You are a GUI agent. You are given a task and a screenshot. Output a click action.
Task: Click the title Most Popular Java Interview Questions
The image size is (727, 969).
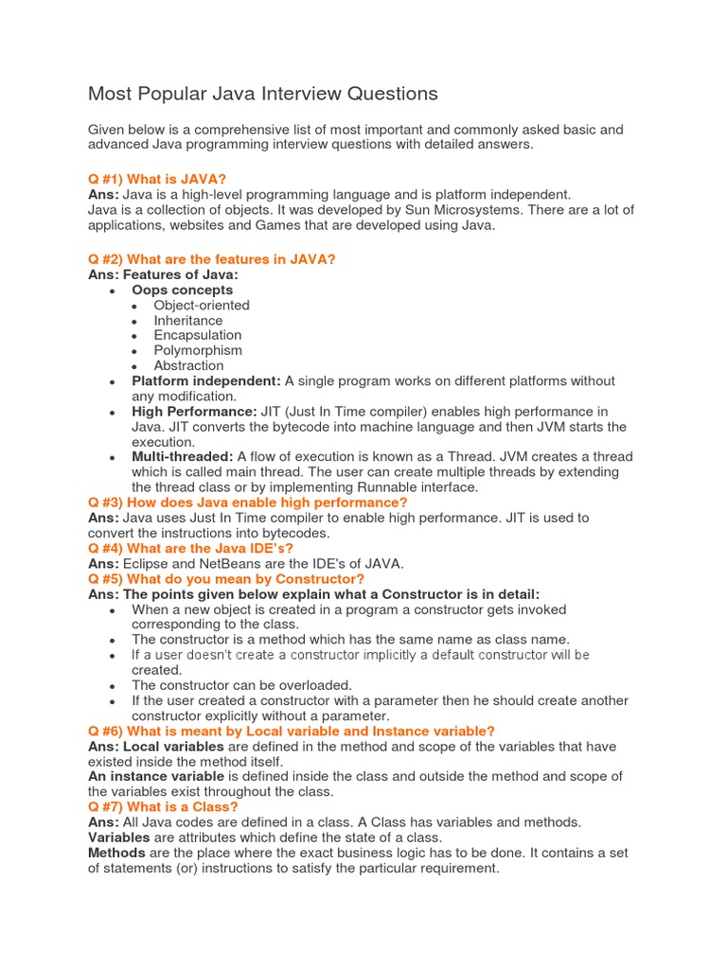263,94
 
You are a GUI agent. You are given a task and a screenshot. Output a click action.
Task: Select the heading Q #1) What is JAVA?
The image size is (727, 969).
157,179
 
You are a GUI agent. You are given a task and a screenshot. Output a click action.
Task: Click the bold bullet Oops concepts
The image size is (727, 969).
182,290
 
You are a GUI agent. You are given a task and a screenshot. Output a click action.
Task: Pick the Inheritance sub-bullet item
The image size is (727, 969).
188,320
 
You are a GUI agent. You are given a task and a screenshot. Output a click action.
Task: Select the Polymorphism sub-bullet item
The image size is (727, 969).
198,350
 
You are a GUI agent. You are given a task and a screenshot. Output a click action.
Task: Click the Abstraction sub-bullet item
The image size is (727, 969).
189,365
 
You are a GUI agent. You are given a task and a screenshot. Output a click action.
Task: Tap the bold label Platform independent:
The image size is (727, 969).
206,380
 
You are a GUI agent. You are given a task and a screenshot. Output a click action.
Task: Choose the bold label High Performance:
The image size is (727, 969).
194,412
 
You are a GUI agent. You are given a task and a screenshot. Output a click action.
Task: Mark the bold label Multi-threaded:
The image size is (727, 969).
183,457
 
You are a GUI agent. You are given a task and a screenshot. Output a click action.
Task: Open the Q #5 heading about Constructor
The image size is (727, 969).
226,578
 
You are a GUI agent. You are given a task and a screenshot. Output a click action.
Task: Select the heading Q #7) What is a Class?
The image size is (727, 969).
163,807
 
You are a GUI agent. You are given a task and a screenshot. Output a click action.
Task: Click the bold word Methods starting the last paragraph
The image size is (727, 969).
117,853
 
